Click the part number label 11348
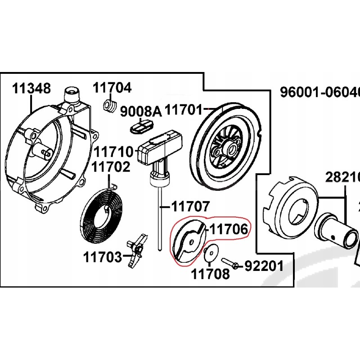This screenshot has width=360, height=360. (x=31, y=88)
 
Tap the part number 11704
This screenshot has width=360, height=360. (x=112, y=87)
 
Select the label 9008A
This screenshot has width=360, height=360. (x=140, y=111)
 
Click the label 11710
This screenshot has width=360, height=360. (x=113, y=151)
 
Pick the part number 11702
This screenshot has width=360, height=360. (x=111, y=167)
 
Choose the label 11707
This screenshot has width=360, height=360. (x=190, y=207)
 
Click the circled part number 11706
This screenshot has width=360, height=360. (x=228, y=230)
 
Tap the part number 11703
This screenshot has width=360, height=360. (x=102, y=257)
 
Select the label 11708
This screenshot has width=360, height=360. (x=211, y=274)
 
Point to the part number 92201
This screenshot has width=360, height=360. (x=264, y=266)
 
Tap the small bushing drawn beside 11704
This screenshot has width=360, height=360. (x=110, y=106)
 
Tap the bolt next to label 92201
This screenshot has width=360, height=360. (x=230, y=262)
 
